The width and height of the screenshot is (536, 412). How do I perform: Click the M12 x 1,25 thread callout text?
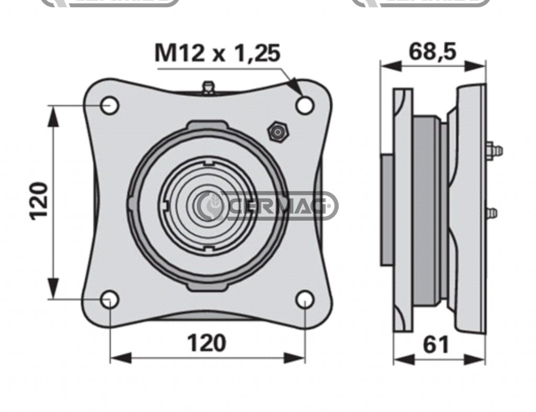tap(217, 53)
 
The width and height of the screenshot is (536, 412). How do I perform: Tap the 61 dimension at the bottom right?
tap(435, 345)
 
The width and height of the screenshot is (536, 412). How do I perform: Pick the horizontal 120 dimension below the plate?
tap(207, 343)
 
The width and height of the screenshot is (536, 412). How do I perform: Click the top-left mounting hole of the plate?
tap(110, 105)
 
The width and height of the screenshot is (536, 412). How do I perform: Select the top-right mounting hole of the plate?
tap(305, 105)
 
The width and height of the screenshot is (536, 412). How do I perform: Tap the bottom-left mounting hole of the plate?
tap(110, 300)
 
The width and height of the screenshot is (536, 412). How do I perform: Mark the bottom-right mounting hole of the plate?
tap(305, 300)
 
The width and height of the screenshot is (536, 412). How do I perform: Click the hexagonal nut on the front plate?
tap(277, 132)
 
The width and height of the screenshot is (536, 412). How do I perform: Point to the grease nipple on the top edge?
tap(208, 88)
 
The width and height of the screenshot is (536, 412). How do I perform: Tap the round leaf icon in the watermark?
tap(213, 205)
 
